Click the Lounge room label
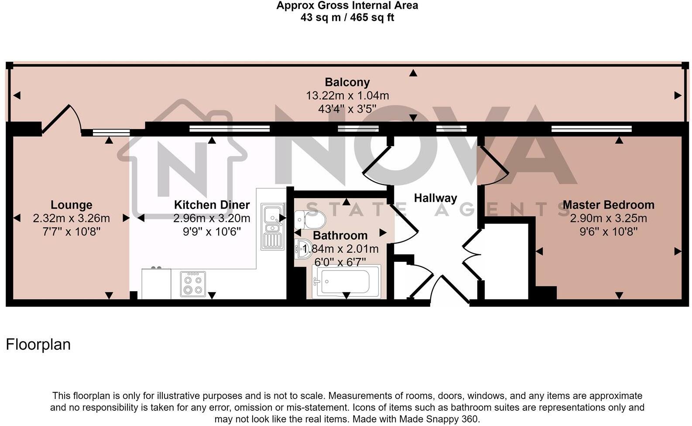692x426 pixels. [x=71, y=205]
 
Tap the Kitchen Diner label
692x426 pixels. [x=212, y=205]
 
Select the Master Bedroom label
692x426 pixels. [x=608, y=205]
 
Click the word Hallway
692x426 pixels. [x=435, y=198]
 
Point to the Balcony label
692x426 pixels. [x=347, y=82]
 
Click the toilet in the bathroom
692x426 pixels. [x=311, y=220]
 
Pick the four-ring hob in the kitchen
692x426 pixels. [x=193, y=284]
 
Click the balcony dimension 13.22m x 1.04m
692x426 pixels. [x=347, y=96]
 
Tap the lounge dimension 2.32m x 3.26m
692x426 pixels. [x=71, y=218]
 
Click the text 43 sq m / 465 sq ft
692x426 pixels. [x=347, y=18]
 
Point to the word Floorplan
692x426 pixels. [x=38, y=345]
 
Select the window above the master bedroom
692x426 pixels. [x=591, y=129]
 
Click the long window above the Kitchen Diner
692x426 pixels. [x=230, y=129]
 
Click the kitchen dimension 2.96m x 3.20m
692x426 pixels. [x=212, y=218]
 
